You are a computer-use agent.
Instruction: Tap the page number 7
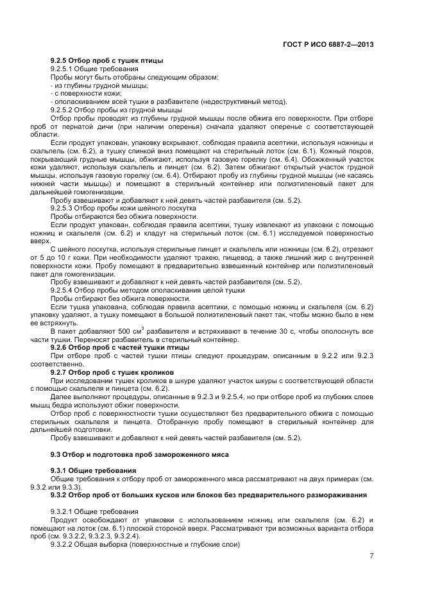(x=371, y=555)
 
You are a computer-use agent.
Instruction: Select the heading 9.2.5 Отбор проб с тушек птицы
(x=106, y=60)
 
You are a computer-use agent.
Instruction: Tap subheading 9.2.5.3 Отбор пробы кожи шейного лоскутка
(x=124, y=209)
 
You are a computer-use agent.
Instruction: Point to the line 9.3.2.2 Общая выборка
(x=144, y=545)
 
